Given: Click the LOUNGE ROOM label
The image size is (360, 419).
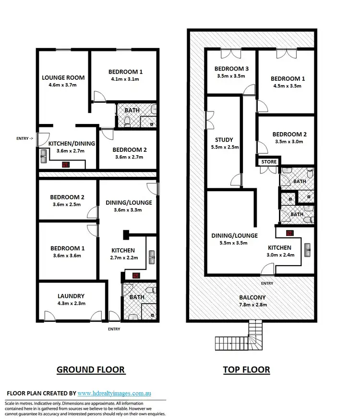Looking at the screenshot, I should click(x=63, y=77).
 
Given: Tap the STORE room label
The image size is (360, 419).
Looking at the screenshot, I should click(x=269, y=162).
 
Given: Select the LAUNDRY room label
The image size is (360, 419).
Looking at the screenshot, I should click(x=71, y=296).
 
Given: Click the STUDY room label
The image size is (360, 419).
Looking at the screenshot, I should click(x=224, y=140).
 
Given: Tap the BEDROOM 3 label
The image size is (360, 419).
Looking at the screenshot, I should click(x=231, y=68).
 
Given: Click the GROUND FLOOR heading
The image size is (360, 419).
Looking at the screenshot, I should click(x=91, y=370).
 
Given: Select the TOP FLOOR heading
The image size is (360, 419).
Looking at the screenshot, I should click(x=246, y=370).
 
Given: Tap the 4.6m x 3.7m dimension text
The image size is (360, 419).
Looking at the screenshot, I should click(x=63, y=85).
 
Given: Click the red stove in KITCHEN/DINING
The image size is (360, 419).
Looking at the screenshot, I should click(x=65, y=164).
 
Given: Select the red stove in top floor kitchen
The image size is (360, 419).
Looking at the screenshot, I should click(x=289, y=234).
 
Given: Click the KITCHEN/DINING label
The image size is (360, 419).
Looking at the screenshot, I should click(x=72, y=143).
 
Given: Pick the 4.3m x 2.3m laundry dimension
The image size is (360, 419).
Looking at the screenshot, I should click(x=71, y=303).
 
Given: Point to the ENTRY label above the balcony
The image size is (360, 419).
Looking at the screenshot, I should click(x=267, y=283).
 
